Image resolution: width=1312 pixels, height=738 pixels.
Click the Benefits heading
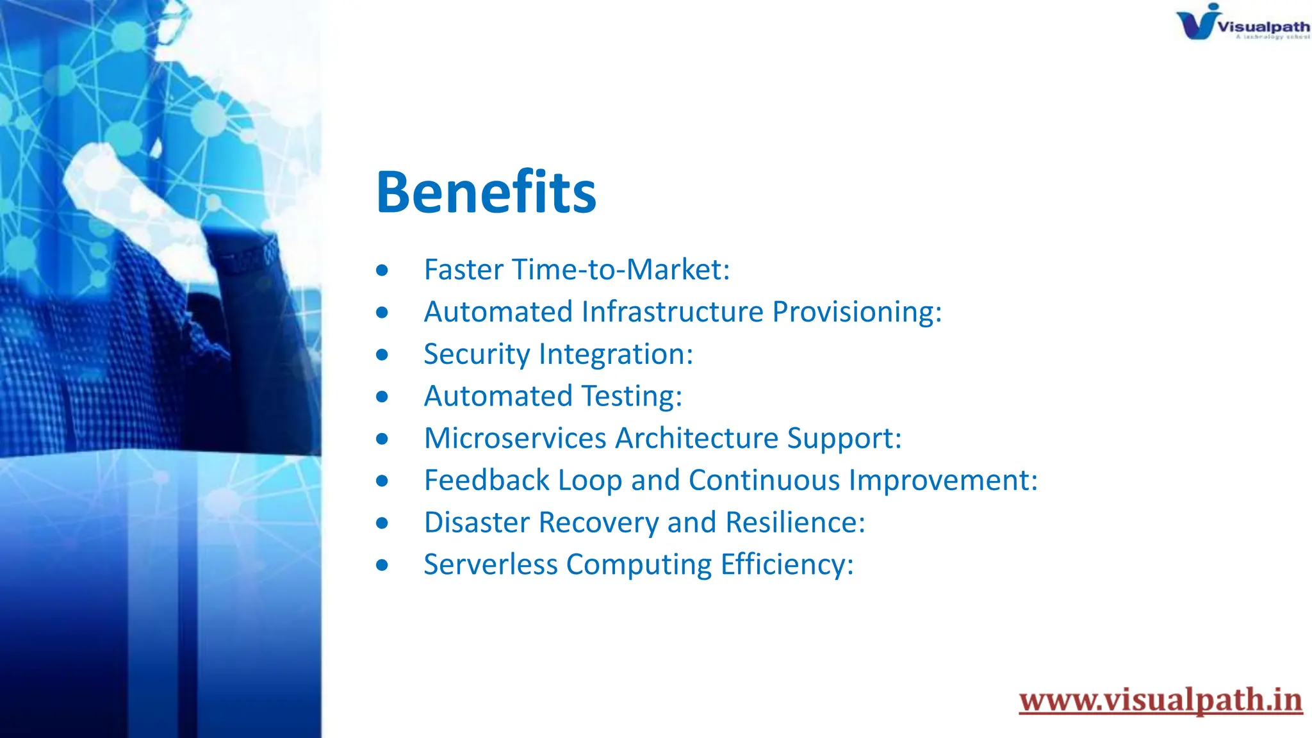(486, 192)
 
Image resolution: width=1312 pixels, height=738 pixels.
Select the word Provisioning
(857, 312)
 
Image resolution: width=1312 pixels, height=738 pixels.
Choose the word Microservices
(515, 438)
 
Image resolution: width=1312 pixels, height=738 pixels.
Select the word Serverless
(490, 565)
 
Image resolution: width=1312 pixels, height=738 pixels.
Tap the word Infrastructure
(673, 312)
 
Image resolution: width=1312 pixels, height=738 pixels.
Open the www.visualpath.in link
(1160, 700)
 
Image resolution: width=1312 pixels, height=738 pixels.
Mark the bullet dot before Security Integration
(382, 355)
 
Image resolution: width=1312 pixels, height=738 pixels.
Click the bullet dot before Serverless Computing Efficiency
(382, 565)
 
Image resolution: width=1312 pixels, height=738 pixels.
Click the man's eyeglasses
(172, 22)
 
